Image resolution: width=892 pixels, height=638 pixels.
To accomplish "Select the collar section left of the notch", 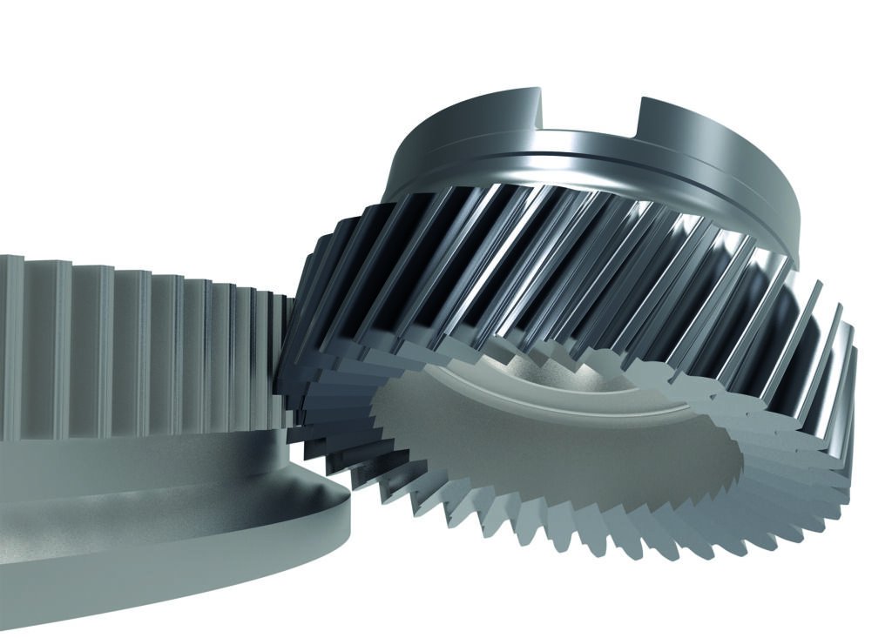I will click(x=462, y=131).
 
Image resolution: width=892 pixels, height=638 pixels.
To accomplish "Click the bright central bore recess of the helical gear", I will click(x=488, y=383).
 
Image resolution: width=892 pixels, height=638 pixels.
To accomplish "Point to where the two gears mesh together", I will click(x=292, y=348).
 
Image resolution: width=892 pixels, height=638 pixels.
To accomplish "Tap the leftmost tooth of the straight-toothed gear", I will click(x=9, y=348).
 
